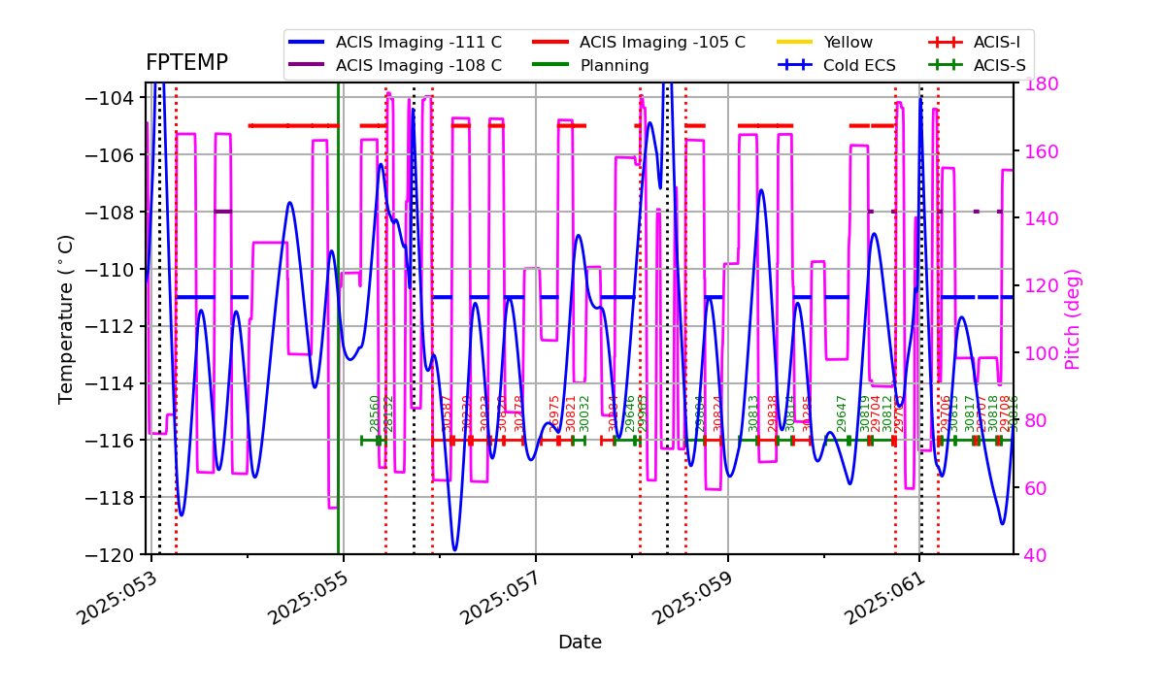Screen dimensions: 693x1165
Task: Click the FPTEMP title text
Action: tap(186, 63)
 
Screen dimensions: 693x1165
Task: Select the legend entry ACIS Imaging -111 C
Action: tap(418, 43)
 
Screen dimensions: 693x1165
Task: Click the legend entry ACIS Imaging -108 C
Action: tap(418, 66)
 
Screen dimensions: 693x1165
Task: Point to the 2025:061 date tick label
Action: tap(888, 596)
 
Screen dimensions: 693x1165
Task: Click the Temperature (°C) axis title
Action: tap(66, 318)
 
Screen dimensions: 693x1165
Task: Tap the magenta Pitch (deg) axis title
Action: tap(1073, 318)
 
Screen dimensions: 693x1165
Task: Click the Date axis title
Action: tap(580, 643)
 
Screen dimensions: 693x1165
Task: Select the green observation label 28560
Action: tap(375, 413)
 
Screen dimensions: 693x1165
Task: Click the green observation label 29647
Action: tap(842, 413)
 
